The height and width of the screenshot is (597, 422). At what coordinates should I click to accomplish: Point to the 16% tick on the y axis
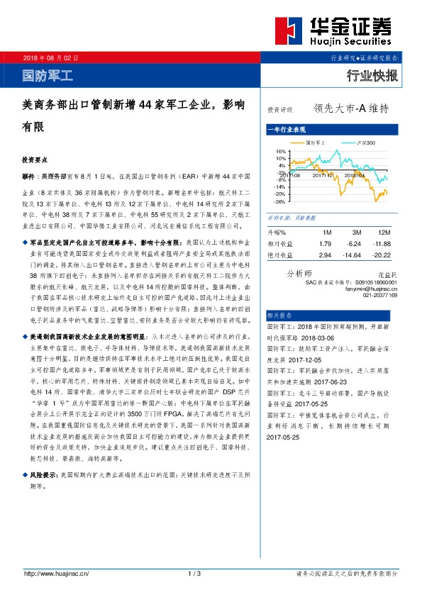[280, 151]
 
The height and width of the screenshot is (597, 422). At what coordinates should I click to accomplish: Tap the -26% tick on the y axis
[279, 201]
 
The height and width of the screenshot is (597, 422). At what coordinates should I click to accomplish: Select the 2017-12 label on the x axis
[323, 174]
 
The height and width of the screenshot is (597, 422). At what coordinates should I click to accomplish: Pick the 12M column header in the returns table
[384, 233]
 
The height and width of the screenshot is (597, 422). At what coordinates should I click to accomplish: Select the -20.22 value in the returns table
[382, 255]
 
